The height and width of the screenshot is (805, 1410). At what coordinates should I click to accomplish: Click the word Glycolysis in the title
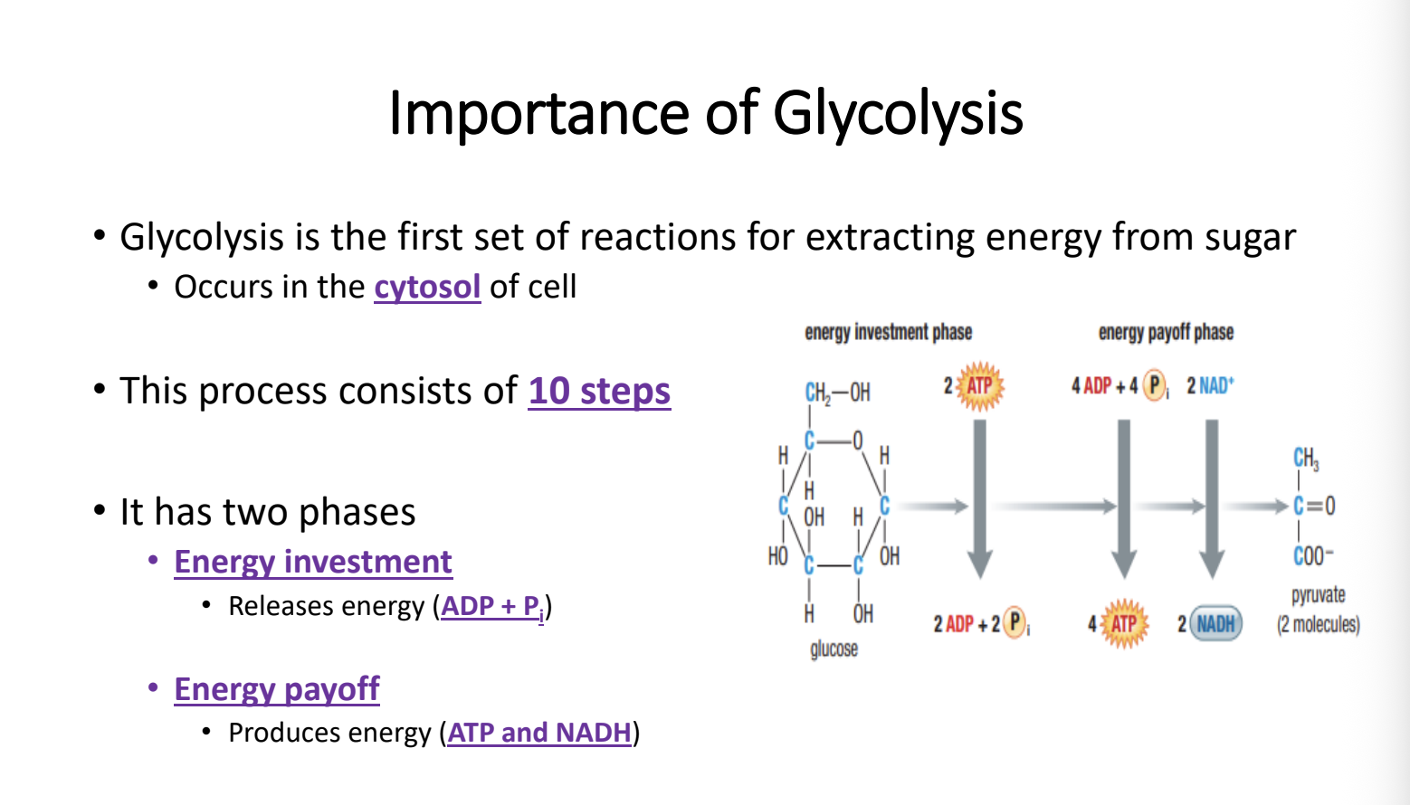point(898,113)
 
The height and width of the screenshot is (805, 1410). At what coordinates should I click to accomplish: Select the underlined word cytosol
point(427,288)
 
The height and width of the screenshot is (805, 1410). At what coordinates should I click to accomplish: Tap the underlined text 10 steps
point(599,391)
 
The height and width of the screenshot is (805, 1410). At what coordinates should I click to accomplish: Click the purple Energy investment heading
point(313,562)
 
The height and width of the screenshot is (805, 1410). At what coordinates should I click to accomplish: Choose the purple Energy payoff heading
point(277,689)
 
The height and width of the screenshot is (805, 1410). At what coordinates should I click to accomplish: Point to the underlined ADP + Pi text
point(492,607)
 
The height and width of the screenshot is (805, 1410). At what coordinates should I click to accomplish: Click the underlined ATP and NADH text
point(538,733)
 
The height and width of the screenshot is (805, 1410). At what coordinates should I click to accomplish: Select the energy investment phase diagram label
point(888,332)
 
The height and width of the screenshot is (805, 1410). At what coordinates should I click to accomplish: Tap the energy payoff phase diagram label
point(1166,332)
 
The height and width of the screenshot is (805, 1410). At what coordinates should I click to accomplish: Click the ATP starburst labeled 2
point(979,386)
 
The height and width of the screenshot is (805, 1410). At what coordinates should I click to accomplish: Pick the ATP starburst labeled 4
point(1124,624)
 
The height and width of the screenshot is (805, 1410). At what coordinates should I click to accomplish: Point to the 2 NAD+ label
point(1211,385)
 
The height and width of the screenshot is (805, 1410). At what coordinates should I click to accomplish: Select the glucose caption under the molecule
point(834,649)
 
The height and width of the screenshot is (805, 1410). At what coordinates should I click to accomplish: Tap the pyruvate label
point(1318,595)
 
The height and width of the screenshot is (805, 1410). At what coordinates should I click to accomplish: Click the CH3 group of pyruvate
point(1306,459)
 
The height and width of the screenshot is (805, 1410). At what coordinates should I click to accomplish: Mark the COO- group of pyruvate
point(1313,556)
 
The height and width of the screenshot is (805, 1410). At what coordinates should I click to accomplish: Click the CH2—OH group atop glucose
point(837,393)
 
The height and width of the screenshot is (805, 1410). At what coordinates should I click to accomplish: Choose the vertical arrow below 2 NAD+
point(1212,498)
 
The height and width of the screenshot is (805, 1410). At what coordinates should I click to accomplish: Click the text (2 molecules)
point(1318,624)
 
